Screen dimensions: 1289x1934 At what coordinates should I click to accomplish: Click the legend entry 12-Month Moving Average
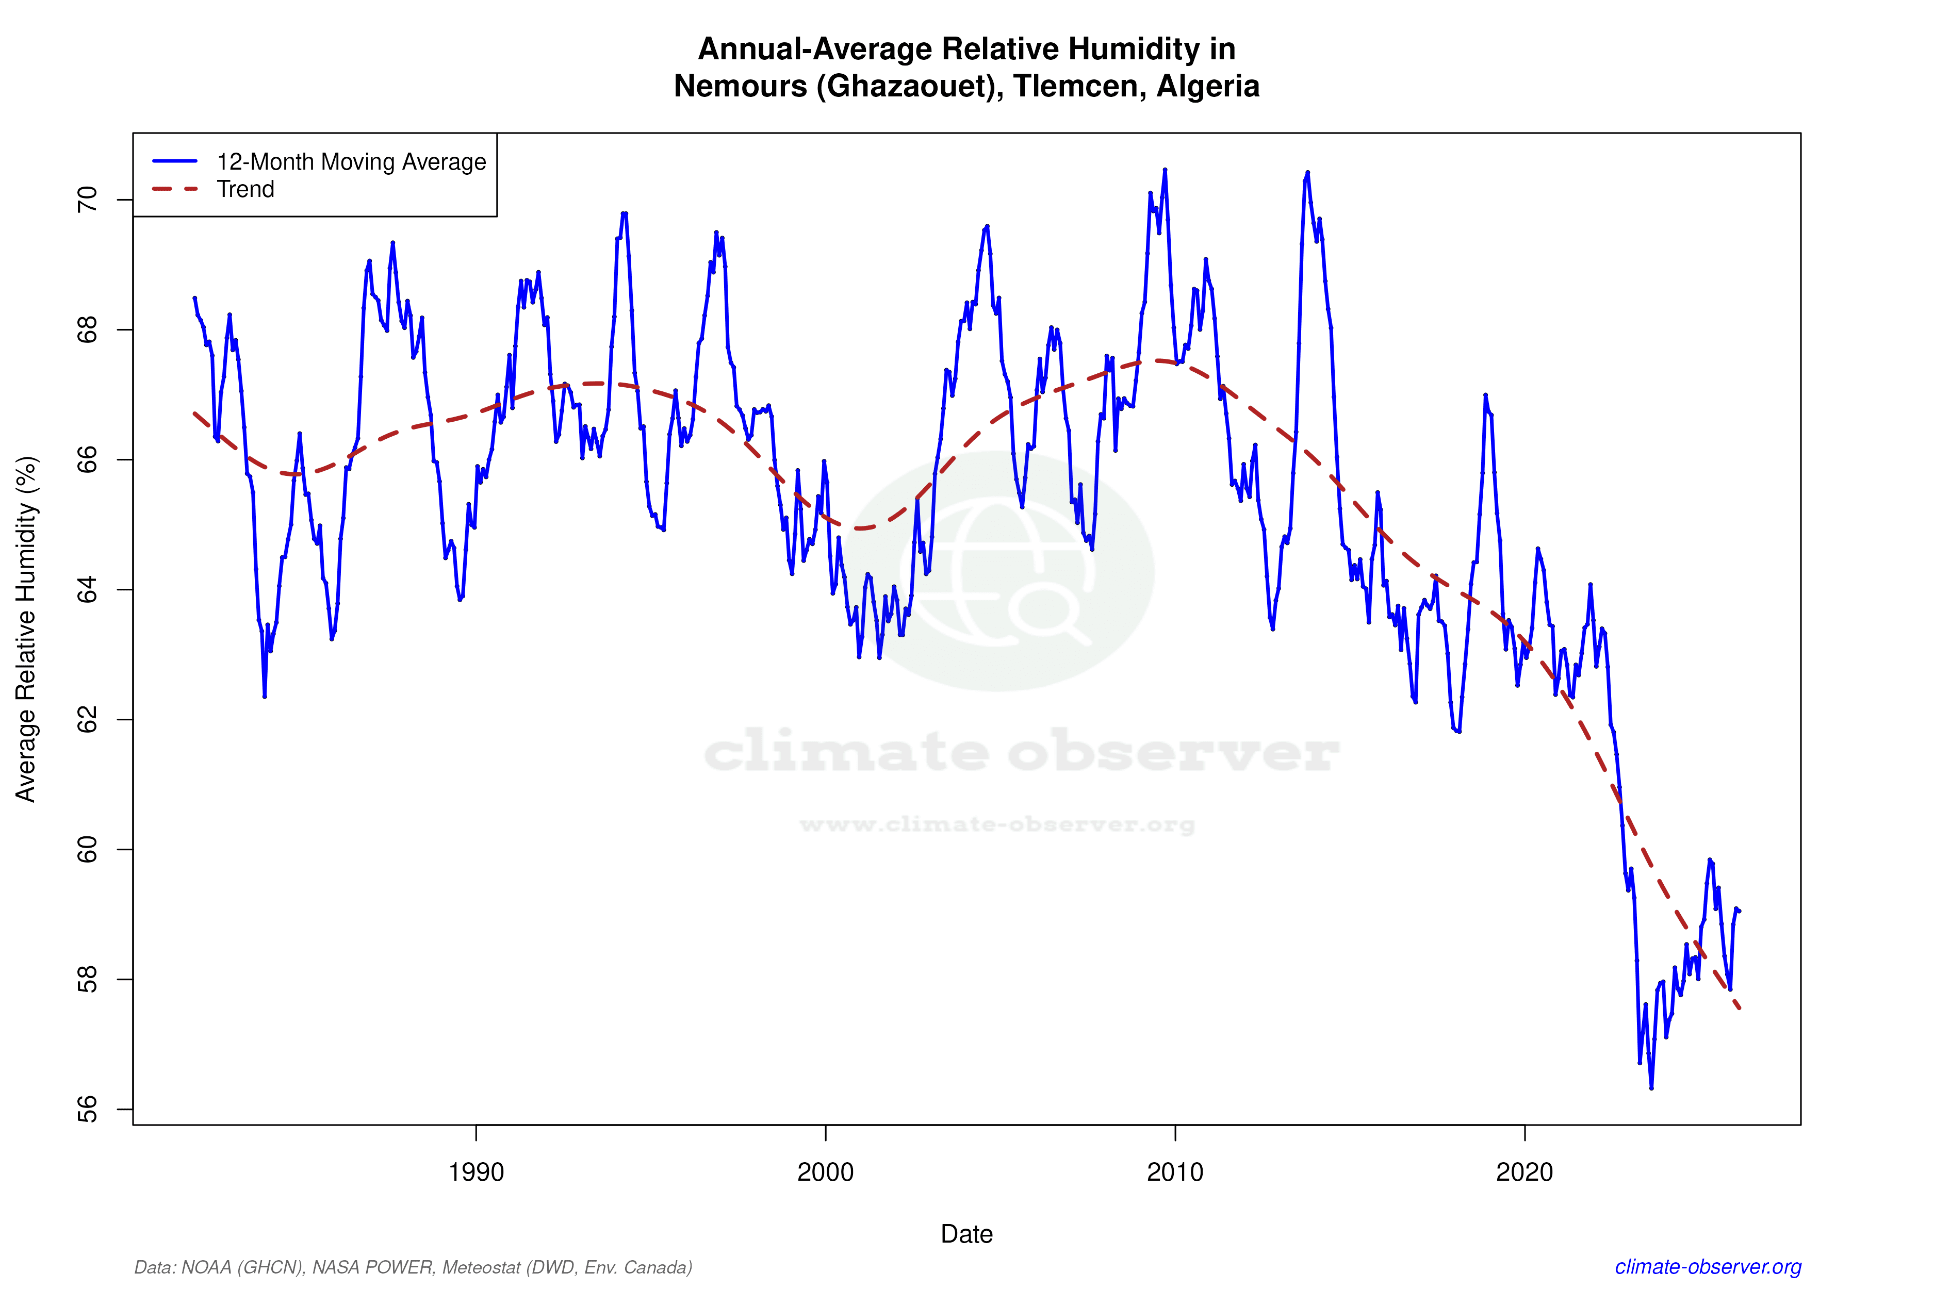(x=351, y=162)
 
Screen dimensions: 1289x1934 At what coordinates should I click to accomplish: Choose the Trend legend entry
(x=245, y=189)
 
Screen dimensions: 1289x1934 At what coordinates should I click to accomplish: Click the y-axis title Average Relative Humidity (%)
(x=26, y=629)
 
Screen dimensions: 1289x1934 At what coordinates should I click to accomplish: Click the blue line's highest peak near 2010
(x=1165, y=170)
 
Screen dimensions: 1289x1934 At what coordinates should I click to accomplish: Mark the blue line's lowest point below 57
(x=1651, y=1087)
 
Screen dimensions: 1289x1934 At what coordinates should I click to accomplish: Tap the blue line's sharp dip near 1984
(x=264, y=696)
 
